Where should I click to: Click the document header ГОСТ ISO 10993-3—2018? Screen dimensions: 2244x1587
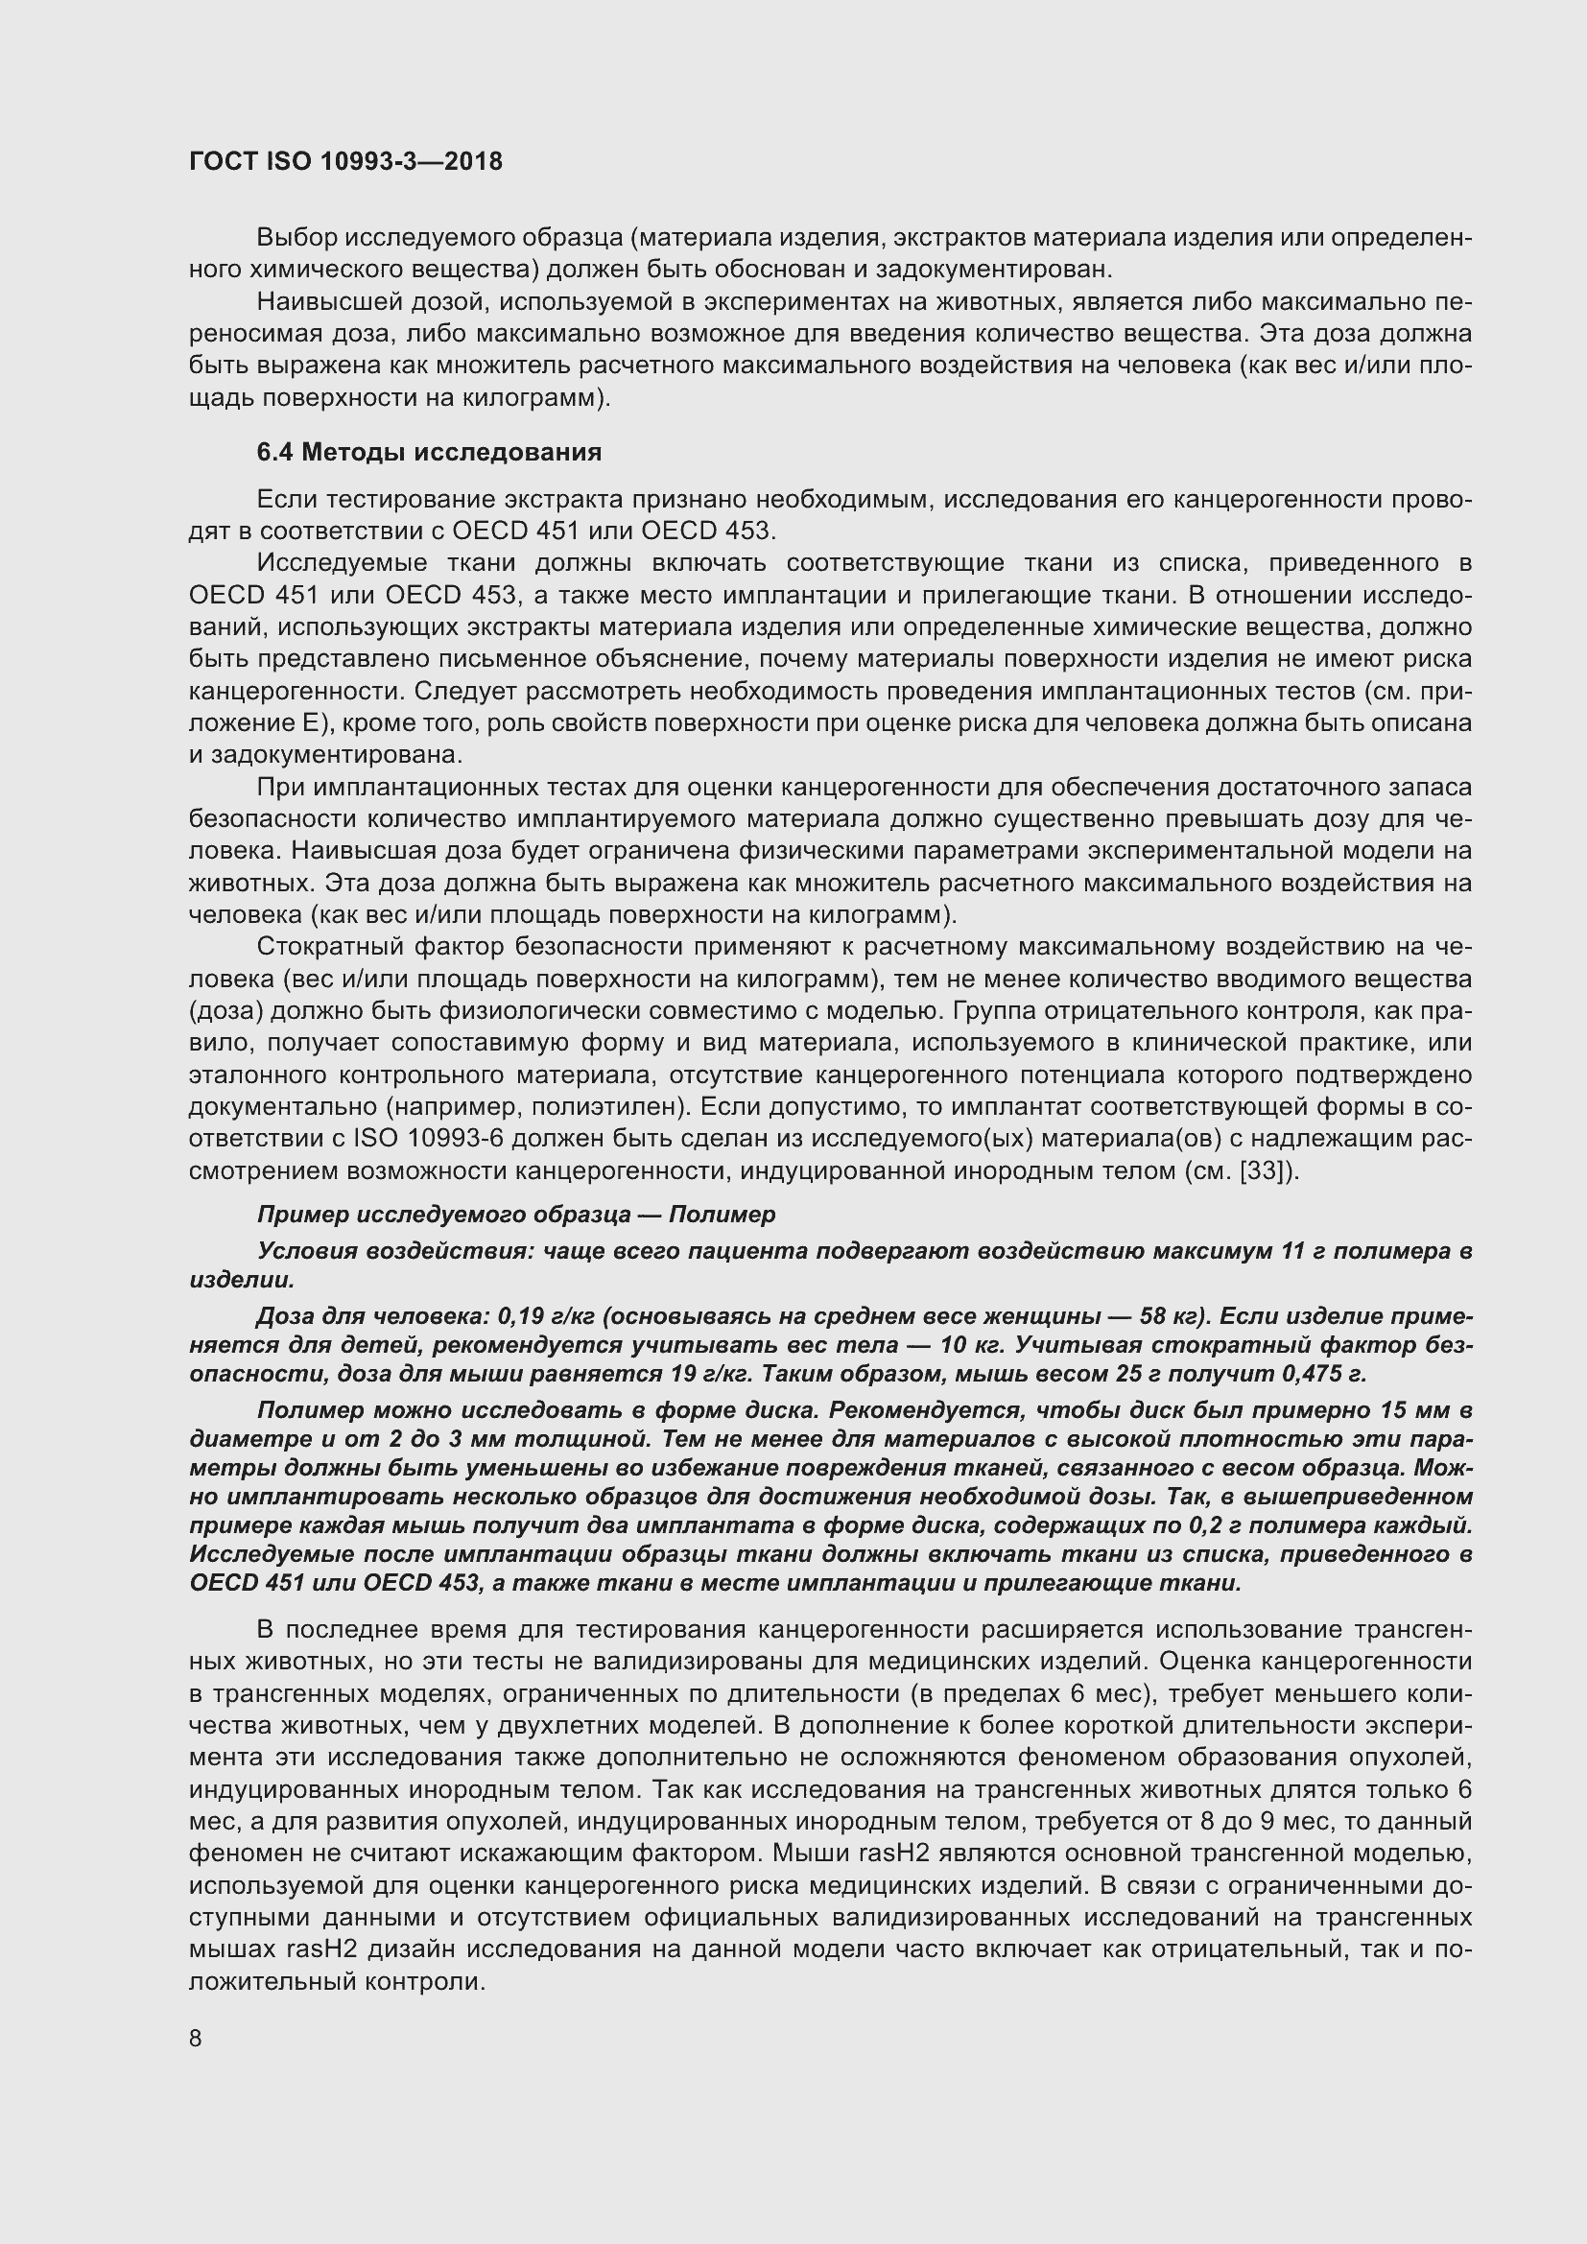click(346, 161)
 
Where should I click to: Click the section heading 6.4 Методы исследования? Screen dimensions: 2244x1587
click(429, 453)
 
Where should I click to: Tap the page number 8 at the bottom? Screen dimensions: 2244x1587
click(196, 2039)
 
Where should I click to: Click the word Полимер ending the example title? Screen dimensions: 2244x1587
click(722, 1215)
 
